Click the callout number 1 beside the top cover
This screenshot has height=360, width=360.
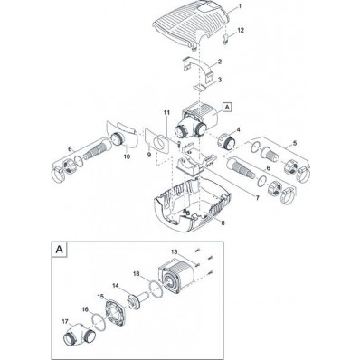240,6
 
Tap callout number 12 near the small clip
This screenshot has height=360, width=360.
241,30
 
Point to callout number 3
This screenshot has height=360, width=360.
220,80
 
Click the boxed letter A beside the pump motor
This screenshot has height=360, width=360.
227,107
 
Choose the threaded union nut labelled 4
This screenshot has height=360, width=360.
227,141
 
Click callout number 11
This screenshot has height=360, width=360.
166,113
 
